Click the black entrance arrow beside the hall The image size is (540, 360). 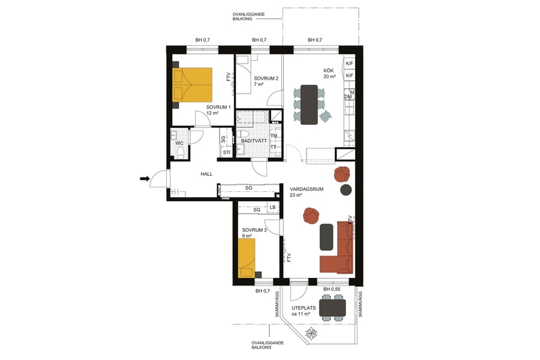[145, 178]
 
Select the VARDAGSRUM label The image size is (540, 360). [306, 189]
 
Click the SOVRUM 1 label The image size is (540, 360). [218, 107]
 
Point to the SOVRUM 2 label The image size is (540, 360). [266, 79]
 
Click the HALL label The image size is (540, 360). [207, 174]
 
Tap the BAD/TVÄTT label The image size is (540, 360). [254, 141]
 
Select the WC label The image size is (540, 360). [179, 143]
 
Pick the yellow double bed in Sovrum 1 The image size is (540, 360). [192, 85]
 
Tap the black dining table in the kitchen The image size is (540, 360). [309, 104]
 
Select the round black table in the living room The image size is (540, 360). [346, 190]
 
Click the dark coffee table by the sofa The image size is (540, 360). [326, 236]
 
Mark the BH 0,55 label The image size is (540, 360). [332, 290]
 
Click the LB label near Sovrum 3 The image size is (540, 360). [273, 208]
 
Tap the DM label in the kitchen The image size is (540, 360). [347, 97]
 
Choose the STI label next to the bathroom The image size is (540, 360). [227, 152]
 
